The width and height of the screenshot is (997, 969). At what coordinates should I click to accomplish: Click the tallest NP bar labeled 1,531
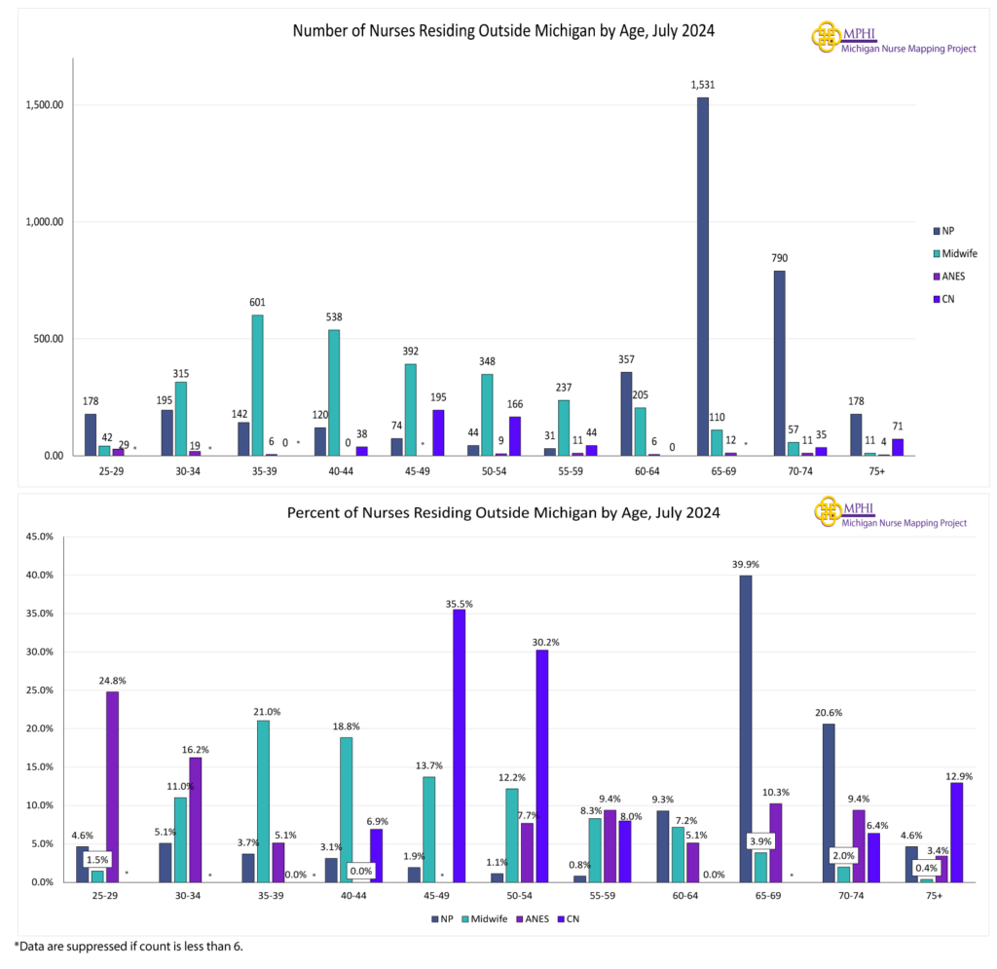coord(702,277)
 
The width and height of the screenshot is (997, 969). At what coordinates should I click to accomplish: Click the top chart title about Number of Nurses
coord(503,30)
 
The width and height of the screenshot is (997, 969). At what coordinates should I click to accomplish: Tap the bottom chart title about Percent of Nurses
coord(503,512)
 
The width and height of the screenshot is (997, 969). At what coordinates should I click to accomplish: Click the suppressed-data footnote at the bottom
coord(128,946)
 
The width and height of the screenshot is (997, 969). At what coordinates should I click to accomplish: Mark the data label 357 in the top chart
coord(625,359)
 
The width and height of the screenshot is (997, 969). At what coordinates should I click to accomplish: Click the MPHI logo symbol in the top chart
coord(826,37)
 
